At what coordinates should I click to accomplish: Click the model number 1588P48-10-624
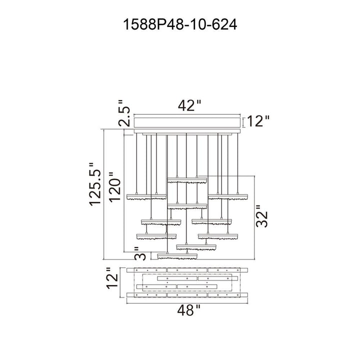pyautogui.click(x=180, y=24)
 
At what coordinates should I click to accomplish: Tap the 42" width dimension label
pyautogui.click(x=189, y=105)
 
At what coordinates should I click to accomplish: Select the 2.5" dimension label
pyautogui.click(x=124, y=113)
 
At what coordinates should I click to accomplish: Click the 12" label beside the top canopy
pyautogui.click(x=258, y=121)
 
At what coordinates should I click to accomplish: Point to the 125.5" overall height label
pyautogui.click(x=95, y=184)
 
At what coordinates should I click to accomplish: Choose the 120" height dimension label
pyautogui.click(x=115, y=187)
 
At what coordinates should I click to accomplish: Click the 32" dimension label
pyautogui.click(x=262, y=216)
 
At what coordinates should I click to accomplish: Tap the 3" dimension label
pyautogui.click(x=140, y=253)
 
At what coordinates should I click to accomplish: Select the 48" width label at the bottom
pyautogui.click(x=188, y=310)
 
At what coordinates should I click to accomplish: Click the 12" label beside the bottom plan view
pyautogui.click(x=112, y=278)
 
